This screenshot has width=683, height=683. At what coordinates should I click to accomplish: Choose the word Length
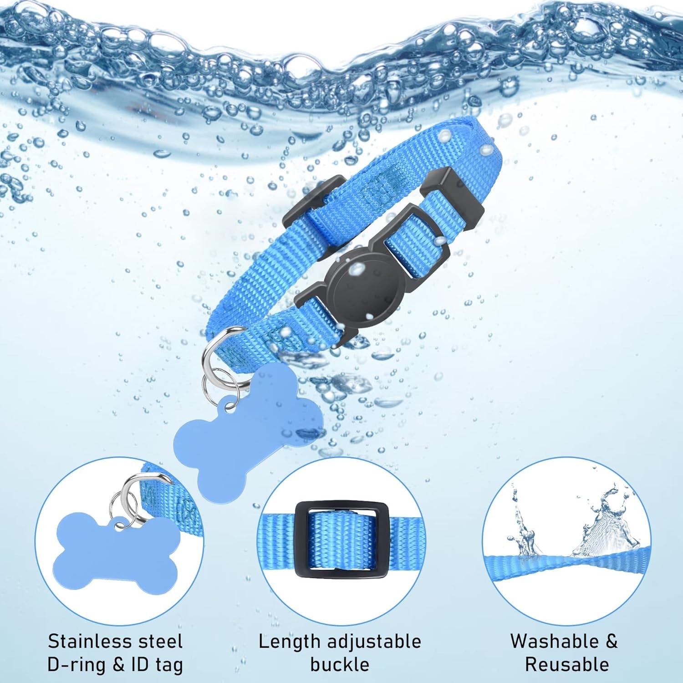click(290, 642)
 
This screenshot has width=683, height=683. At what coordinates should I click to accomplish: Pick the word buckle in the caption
click(340, 665)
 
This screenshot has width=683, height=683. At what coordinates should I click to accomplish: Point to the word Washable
click(554, 641)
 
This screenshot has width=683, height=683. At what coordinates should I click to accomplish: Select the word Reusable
click(567, 665)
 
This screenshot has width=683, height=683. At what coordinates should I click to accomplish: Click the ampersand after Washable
click(611, 642)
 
